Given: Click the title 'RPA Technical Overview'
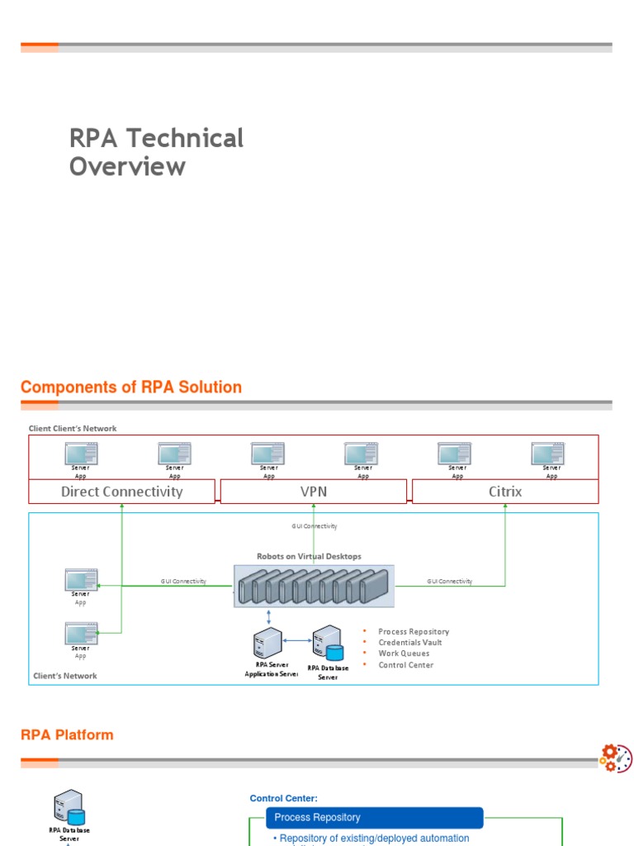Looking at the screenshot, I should [x=156, y=152].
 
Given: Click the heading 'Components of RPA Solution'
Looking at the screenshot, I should [x=131, y=387].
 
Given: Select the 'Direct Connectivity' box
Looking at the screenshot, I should [x=122, y=492].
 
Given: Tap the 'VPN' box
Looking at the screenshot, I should [x=314, y=492].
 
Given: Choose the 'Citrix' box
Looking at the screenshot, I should [x=505, y=492].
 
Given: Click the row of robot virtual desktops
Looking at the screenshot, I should [x=314, y=586].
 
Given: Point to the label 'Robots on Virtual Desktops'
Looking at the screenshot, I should [x=309, y=557].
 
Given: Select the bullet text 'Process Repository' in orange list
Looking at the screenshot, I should [x=414, y=632].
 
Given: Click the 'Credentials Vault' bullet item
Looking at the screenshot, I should [x=410, y=643].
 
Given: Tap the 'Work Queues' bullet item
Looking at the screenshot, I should [x=404, y=654].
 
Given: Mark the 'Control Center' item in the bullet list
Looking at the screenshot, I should [x=405, y=665].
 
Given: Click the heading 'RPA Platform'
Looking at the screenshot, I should [x=67, y=734].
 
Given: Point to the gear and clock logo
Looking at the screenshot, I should [x=615, y=758].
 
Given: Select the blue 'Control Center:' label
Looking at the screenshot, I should [x=283, y=798].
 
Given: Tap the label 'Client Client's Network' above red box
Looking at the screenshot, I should [x=73, y=429].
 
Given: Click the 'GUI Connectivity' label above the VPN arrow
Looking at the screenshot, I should [x=315, y=526].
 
